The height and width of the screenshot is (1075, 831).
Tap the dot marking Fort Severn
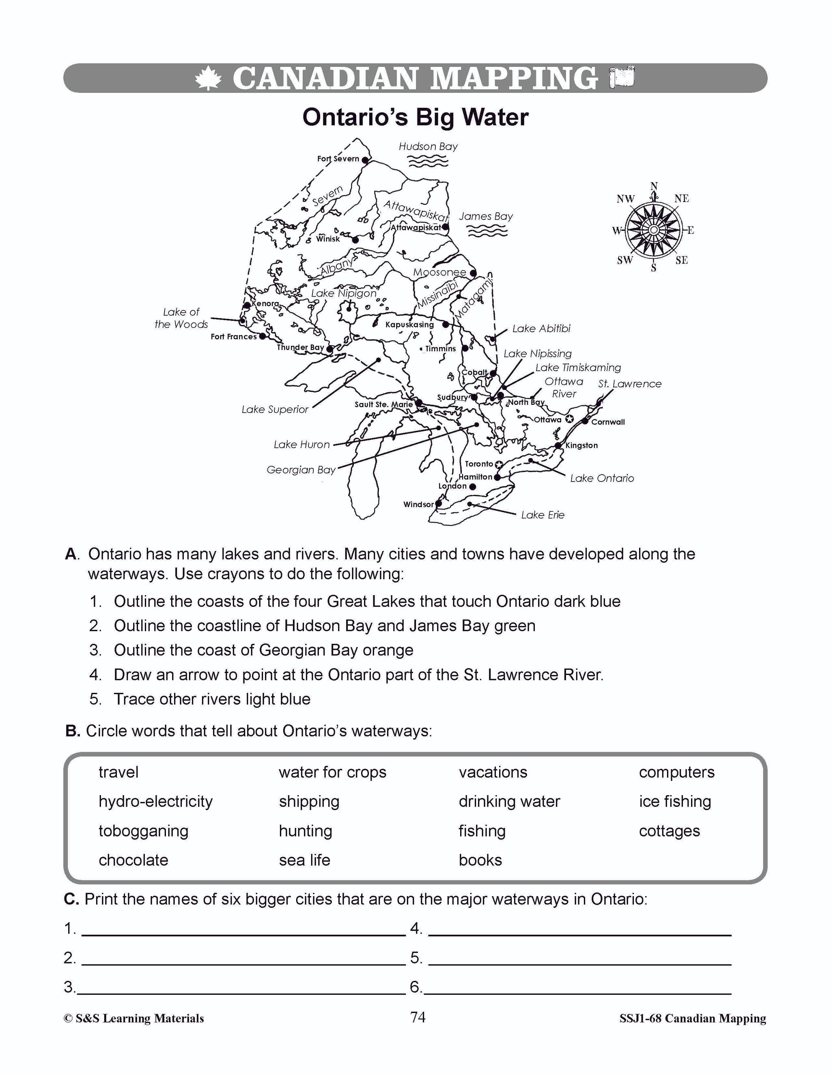[x=365, y=160]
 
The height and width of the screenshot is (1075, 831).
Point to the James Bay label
[x=485, y=216]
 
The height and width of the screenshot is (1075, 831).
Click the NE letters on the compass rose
[x=681, y=198]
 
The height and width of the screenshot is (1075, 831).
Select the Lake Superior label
[x=275, y=410]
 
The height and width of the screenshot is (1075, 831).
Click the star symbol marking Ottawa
[x=569, y=419]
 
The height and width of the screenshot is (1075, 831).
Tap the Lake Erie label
[x=543, y=515]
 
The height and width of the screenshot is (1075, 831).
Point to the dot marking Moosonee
[x=473, y=273]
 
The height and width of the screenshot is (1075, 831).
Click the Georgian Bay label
[x=301, y=470]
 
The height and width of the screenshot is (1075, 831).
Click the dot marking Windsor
[x=439, y=503]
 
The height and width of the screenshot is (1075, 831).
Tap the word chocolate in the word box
[x=133, y=860]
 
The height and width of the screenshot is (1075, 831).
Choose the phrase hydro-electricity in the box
[x=155, y=801]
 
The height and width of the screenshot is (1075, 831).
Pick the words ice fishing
[x=675, y=801]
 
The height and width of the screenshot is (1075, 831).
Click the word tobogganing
[x=143, y=831]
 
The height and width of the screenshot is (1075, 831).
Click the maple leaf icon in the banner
[x=208, y=78]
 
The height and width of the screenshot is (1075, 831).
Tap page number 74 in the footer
[x=418, y=1017]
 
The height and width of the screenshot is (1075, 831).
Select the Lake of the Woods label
[x=181, y=318]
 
